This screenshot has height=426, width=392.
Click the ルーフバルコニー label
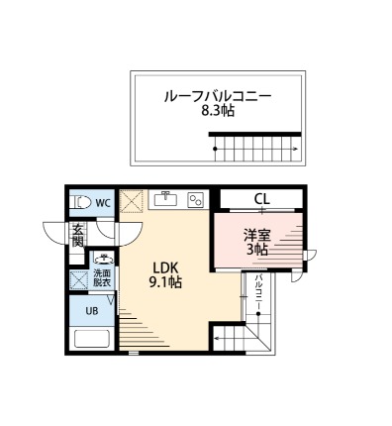(x=218, y=97)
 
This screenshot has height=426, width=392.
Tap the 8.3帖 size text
(x=218, y=111)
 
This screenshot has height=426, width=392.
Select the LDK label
(x=165, y=267)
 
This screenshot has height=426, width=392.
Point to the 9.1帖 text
(x=165, y=281)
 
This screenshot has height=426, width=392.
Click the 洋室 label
(x=257, y=236)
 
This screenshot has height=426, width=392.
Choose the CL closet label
(x=262, y=199)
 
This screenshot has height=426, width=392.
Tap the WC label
(x=103, y=203)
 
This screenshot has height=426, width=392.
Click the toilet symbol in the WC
(x=80, y=202)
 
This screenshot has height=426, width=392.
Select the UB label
(x=92, y=311)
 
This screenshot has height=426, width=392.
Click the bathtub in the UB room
(x=92, y=339)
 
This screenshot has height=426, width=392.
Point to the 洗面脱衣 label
(x=102, y=277)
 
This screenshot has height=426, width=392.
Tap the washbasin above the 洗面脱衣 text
(x=104, y=258)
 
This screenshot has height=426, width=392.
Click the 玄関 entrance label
(x=78, y=236)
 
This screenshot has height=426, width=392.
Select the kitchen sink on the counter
(x=166, y=199)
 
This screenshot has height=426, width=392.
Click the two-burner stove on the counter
(x=196, y=200)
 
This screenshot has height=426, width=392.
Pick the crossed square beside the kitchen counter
(x=131, y=201)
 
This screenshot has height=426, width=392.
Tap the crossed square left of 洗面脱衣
(x=79, y=280)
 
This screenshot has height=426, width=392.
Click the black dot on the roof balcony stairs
(x=215, y=149)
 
